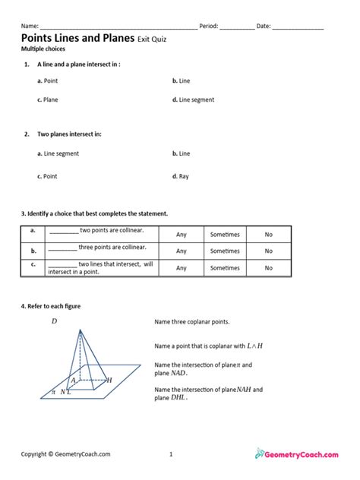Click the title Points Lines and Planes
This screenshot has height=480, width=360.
pos(77,36)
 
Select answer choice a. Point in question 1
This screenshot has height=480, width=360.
pos(48,80)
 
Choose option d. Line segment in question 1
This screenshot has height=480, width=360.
pos(193,99)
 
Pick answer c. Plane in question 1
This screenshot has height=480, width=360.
pos(48,99)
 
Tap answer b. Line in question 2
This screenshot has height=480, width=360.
pos(181,153)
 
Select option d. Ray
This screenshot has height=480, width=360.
pos(180,176)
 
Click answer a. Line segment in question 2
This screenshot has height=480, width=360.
pos(58,153)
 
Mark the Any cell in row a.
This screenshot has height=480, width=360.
pos(182,235)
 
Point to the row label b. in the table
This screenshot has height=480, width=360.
pos(33,251)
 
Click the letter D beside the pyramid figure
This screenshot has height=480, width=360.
pos(55,321)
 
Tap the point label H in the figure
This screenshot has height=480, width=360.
pos(109,380)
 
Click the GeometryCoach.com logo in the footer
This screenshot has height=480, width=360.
pos(297,454)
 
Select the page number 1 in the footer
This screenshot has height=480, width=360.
pos(172,454)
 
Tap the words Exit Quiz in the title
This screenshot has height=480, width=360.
pos(154,37)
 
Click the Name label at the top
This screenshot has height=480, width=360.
pos(29,26)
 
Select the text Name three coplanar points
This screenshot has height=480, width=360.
pos(191,322)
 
